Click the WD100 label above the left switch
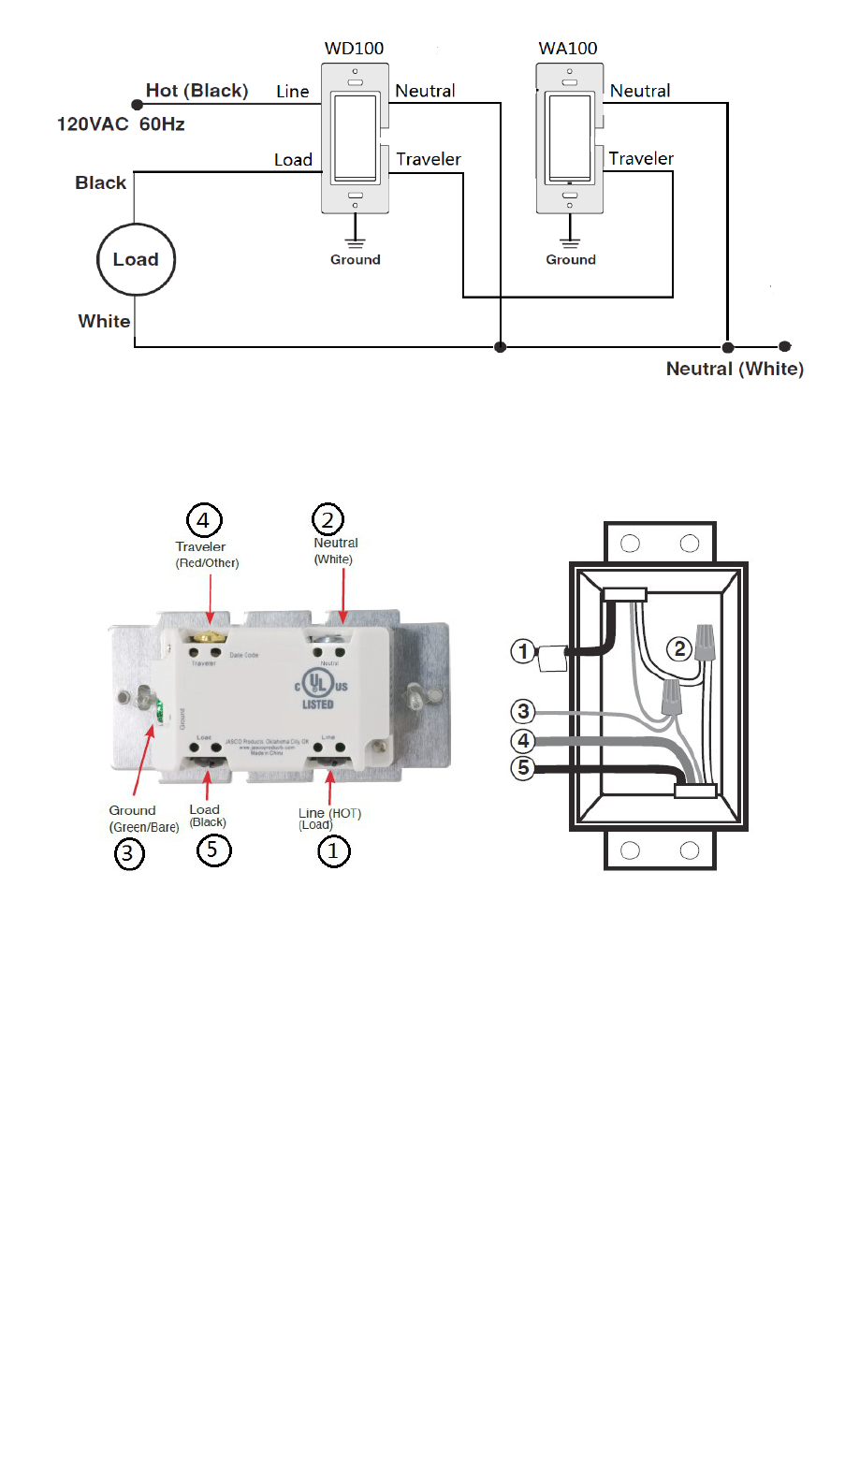pos(354,49)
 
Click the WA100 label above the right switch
pos(568,49)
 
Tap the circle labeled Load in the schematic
pos(137,260)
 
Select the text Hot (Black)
pos(197,91)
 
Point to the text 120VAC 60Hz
pos(121,124)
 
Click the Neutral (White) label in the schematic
pos(735,369)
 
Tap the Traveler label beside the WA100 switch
pos(641,159)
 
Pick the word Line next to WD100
pos(292,92)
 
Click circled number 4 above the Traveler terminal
pos(204,519)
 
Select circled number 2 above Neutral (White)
pos(328,519)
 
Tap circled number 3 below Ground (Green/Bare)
pos(129,853)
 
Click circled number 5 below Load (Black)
pos(213,850)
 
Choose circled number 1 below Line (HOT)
pos(333,851)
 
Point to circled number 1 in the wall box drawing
pos(524,651)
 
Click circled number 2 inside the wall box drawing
pos(680,648)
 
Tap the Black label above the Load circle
pos(101,183)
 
